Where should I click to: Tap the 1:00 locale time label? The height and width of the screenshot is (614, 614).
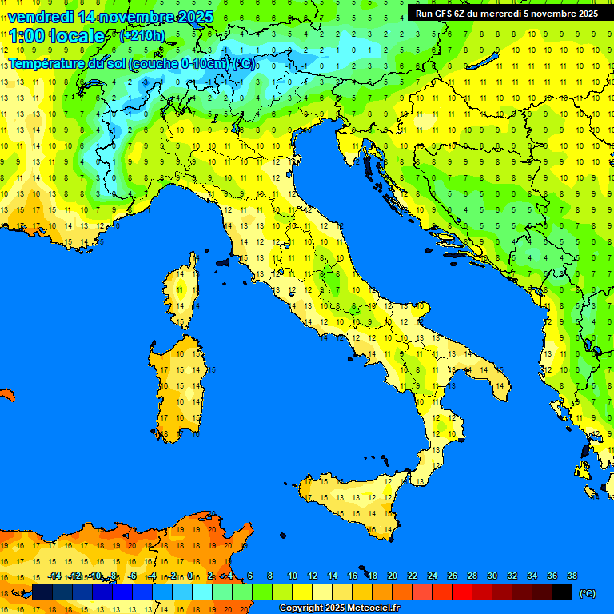pyautogui.click(x=57, y=36)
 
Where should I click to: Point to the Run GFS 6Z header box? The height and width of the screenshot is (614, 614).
pyautogui.click(x=506, y=14)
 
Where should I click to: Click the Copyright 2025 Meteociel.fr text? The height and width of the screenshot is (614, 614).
pyautogui.click(x=339, y=608)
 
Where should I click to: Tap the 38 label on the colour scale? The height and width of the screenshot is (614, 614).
pyautogui.click(x=572, y=576)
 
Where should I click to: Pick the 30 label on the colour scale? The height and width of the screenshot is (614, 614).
pyautogui.click(x=492, y=576)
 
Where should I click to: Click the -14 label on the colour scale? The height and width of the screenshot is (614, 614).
pyautogui.click(x=55, y=576)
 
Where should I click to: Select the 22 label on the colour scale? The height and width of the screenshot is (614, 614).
pyautogui.click(x=413, y=576)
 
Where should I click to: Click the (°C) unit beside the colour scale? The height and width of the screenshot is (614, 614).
pyautogui.click(x=587, y=593)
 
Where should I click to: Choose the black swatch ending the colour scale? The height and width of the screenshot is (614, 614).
pyautogui.click(x=562, y=592)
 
